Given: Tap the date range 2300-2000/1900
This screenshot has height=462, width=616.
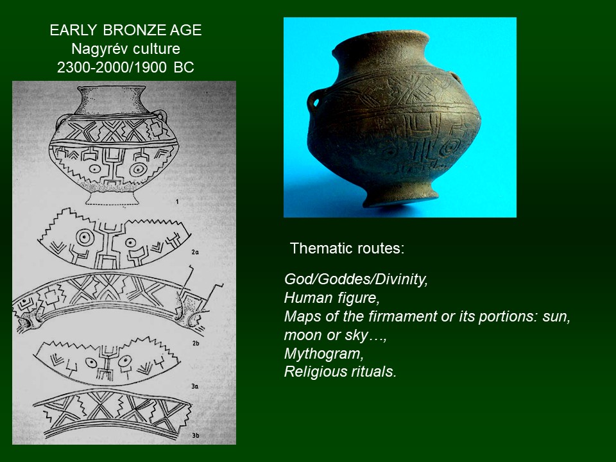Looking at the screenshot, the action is (x=112, y=67).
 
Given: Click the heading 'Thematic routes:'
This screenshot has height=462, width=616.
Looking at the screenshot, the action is (x=347, y=248).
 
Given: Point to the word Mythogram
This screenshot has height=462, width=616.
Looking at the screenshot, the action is (x=323, y=354).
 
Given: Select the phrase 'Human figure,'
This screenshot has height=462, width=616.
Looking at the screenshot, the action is (x=332, y=298).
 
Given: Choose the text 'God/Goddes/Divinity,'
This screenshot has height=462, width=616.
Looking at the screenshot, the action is (x=356, y=279).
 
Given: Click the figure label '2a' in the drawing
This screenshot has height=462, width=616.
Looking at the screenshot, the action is (x=195, y=252).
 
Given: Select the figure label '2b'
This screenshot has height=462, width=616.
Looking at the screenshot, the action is (x=196, y=343).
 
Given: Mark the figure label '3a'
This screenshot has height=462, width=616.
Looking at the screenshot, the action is (x=195, y=386).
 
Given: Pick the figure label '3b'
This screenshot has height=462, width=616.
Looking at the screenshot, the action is (x=195, y=435).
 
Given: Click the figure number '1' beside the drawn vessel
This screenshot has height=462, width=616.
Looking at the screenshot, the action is (x=177, y=202).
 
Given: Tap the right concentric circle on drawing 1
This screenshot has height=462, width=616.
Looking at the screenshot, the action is (x=139, y=169).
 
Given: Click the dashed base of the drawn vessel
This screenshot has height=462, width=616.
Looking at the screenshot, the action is (x=112, y=198).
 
